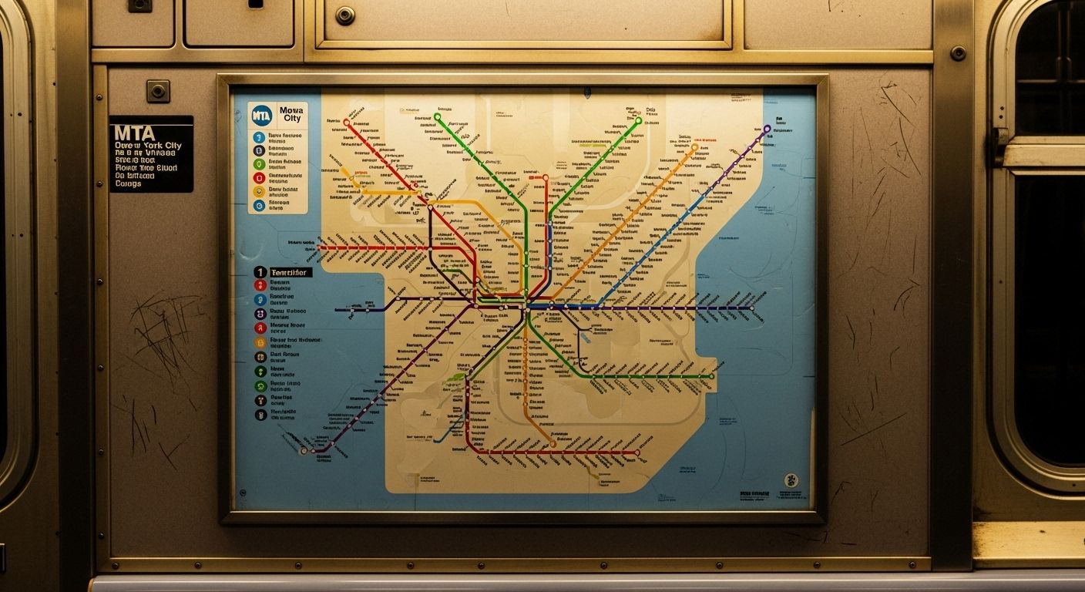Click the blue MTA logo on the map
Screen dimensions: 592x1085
point(262,115)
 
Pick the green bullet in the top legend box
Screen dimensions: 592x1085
point(259,164)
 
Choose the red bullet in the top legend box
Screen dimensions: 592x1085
point(259,178)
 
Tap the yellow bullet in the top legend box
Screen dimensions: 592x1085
point(259,192)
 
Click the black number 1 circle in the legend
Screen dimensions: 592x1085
point(260,272)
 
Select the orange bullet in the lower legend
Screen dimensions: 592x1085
point(260,342)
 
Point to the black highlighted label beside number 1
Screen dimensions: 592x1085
point(290,272)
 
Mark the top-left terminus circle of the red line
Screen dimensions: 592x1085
point(346,122)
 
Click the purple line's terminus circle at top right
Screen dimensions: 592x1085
point(767,129)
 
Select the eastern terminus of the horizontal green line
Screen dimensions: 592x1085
point(710,376)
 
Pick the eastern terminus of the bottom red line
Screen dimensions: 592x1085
point(638,452)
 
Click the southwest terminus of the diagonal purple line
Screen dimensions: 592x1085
point(304,451)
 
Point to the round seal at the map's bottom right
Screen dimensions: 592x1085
point(790,480)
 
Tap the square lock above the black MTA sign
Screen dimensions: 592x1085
point(159,91)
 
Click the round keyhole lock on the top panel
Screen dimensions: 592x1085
point(344,15)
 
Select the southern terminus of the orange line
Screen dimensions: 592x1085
point(553,444)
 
